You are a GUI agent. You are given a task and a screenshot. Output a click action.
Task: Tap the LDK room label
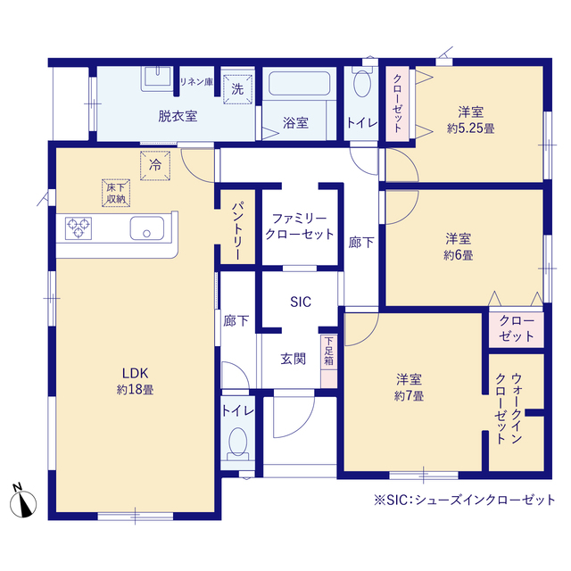(x=135, y=373)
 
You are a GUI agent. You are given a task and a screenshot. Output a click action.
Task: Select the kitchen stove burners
(x=79, y=228)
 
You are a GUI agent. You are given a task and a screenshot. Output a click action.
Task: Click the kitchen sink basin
(x=146, y=228)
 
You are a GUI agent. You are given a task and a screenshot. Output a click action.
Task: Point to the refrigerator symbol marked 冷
(x=155, y=166)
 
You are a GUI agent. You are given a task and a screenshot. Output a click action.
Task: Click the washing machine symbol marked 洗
(x=237, y=89)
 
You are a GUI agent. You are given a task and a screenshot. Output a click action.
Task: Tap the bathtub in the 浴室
(x=300, y=83)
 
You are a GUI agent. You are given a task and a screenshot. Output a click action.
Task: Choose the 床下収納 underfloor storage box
(x=116, y=193)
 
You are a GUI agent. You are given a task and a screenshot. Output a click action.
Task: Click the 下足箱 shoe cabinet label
(x=329, y=351)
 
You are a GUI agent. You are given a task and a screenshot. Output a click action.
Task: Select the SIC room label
(x=301, y=302)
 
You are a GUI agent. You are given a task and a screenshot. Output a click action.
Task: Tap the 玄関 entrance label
(x=294, y=359)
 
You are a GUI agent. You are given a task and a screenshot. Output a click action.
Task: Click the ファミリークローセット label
(x=300, y=227)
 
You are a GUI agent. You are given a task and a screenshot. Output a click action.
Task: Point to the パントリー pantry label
(x=237, y=230)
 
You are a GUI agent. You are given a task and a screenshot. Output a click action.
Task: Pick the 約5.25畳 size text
(x=471, y=128)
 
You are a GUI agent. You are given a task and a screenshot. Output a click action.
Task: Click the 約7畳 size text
(x=409, y=396)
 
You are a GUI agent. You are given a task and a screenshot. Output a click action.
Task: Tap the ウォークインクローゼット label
(x=509, y=409)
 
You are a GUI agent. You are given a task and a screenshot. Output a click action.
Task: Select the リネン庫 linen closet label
(x=196, y=82)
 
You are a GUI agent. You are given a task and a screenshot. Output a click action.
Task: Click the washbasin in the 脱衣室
(x=157, y=79)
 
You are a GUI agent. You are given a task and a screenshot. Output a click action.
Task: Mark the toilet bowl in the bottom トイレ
(x=238, y=442)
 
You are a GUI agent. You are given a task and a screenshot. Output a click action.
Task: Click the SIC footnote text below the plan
(x=465, y=500)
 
